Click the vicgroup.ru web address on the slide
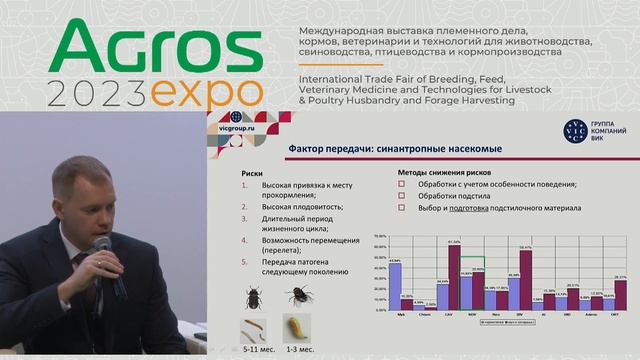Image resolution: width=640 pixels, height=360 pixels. click(x=237, y=129)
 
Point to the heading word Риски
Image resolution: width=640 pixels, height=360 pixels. click(x=252, y=172)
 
